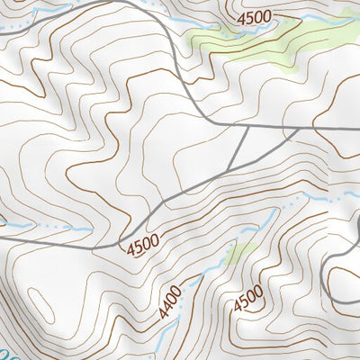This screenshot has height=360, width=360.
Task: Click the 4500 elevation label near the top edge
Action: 255,17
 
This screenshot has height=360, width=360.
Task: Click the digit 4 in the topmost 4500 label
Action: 241,18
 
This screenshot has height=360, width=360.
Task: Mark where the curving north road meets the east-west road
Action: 209,121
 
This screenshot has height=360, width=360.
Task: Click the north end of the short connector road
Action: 247,127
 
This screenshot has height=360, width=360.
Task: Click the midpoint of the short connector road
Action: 238,148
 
